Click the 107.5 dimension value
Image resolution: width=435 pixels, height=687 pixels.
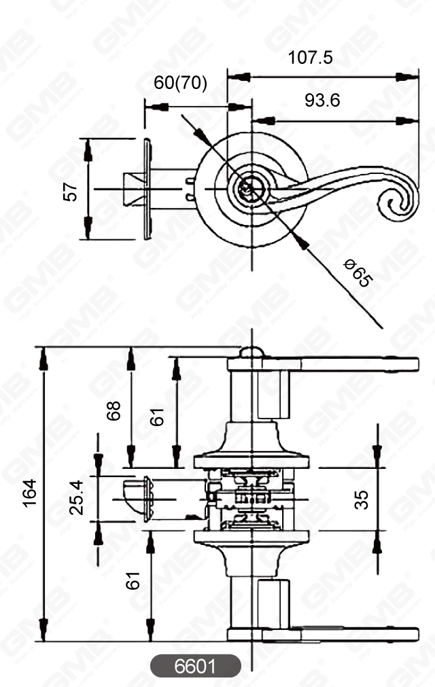coord(311,58)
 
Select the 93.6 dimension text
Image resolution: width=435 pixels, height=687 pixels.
coord(322,101)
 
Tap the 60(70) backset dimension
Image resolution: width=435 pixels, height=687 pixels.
coord(180,84)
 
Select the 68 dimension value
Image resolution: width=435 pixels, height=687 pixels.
coord(114,410)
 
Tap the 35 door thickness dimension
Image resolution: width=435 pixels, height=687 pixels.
coord(362,499)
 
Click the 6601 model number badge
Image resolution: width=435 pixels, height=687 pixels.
coord(196,666)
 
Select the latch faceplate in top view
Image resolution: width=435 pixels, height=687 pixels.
coord(147,188)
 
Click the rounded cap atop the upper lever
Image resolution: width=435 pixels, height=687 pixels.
coord(250,352)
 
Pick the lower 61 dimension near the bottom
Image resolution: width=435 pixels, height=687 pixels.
coord(133,580)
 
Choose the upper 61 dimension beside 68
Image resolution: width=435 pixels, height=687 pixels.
coord(158,417)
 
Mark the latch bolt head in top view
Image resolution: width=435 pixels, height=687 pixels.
coord(132,188)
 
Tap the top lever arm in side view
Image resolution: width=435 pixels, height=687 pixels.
coord(340,364)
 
